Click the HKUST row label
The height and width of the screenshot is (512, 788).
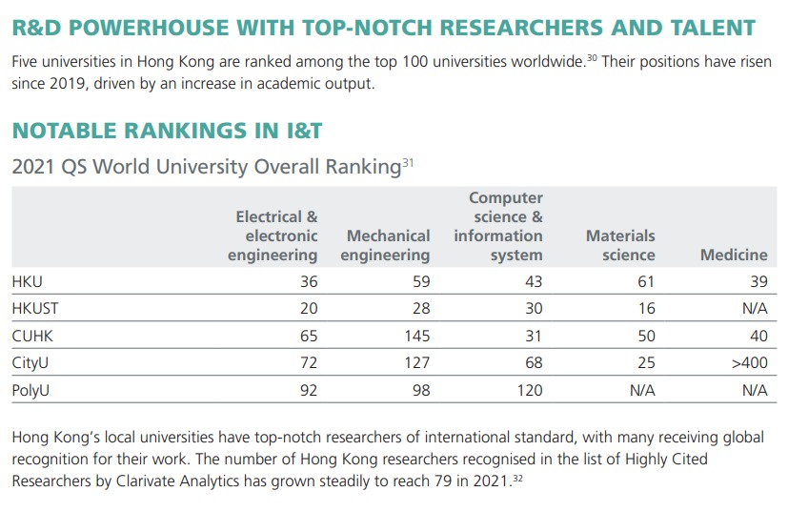(34, 309)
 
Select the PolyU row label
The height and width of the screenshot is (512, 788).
(32, 390)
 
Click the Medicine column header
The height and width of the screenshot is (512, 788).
(733, 255)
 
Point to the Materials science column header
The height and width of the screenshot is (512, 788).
(620, 245)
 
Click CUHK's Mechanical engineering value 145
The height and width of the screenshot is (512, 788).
(416, 336)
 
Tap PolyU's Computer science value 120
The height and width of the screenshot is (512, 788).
(529, 390)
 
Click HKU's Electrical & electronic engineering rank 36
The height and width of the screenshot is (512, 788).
(307, 282)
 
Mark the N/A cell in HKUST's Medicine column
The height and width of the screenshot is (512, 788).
(753, 309)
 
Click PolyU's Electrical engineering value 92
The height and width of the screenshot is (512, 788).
(307, 390)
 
